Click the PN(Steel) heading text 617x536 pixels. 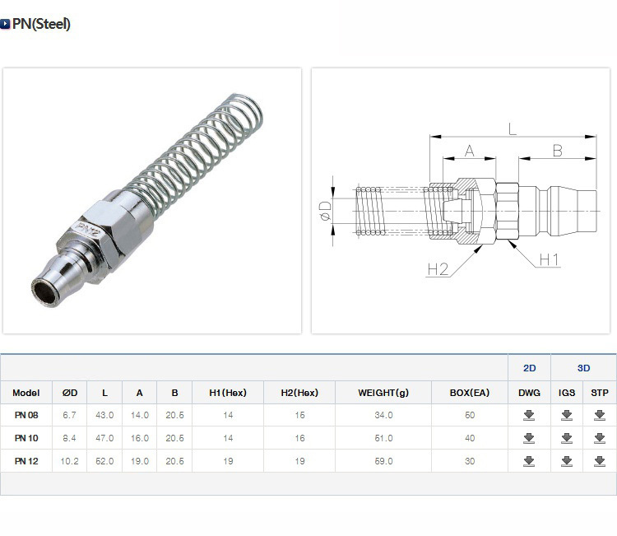41,24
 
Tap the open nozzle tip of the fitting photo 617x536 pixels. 43,291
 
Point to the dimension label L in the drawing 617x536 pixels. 512,128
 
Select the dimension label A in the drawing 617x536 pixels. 470,151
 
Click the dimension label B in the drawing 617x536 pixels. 557,151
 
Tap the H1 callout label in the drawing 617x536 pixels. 549,260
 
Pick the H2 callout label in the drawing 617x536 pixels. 438,269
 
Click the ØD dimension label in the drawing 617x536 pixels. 325,211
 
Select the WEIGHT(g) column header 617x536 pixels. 383,393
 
